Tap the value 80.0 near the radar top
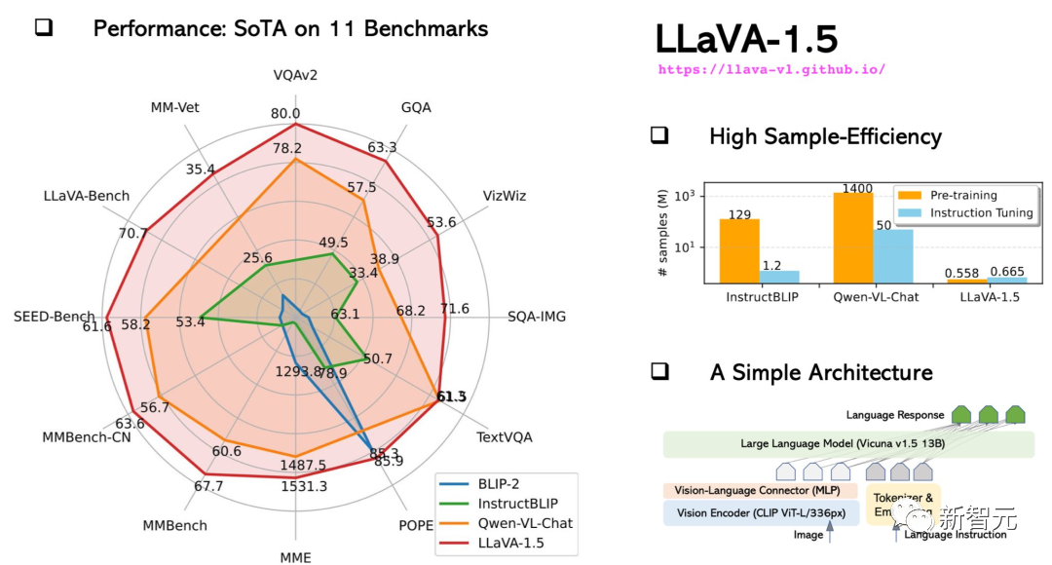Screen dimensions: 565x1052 [285, 114]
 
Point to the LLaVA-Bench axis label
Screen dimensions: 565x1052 [87, 196]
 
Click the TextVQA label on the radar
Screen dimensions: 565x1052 [505, 437]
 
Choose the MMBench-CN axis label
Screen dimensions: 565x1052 [87, 436]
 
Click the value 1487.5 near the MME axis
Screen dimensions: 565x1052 [303, 466]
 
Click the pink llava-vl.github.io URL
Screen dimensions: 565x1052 [771, 70]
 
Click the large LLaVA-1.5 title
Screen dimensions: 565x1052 [746, 39]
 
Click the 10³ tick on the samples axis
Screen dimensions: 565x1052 [696, 196]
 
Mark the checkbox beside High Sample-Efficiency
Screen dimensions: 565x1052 [659, 136]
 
